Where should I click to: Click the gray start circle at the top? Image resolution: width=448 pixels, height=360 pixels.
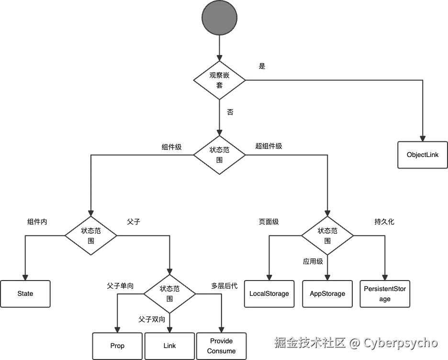tap(220, 18)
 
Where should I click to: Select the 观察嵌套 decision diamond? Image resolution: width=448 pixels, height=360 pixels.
tap(220, 79)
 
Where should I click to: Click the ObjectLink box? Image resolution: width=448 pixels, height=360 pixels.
tap(423, 155)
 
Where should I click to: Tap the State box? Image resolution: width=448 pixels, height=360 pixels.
tap(25, 293)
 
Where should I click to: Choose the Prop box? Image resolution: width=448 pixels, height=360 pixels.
tap(117, 346)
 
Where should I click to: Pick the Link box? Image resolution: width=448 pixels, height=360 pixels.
tap(169, 346)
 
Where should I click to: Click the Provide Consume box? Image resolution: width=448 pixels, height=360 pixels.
tap(222, 346)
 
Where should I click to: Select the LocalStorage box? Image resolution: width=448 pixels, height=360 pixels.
tap(269, 293)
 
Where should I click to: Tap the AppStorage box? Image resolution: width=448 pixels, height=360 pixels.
tap(327, 293)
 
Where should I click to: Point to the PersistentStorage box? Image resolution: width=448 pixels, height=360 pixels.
tap(385, 293)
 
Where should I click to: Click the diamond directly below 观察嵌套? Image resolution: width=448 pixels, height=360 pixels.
tap(220, 155)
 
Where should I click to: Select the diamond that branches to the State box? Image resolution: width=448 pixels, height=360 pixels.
tap(91, 235)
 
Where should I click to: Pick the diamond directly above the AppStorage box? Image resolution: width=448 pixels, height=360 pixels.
tap(327, 235)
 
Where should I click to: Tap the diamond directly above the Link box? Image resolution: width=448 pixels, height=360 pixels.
tap(169, 293)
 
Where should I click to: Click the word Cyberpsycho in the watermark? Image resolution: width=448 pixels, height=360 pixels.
tap(400, 343)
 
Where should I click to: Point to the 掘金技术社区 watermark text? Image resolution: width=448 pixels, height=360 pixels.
tap(309, 343)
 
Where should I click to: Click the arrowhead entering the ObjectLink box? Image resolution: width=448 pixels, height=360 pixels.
tap(423, 136)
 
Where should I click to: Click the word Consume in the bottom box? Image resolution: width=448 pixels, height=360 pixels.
tap(222, 351)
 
